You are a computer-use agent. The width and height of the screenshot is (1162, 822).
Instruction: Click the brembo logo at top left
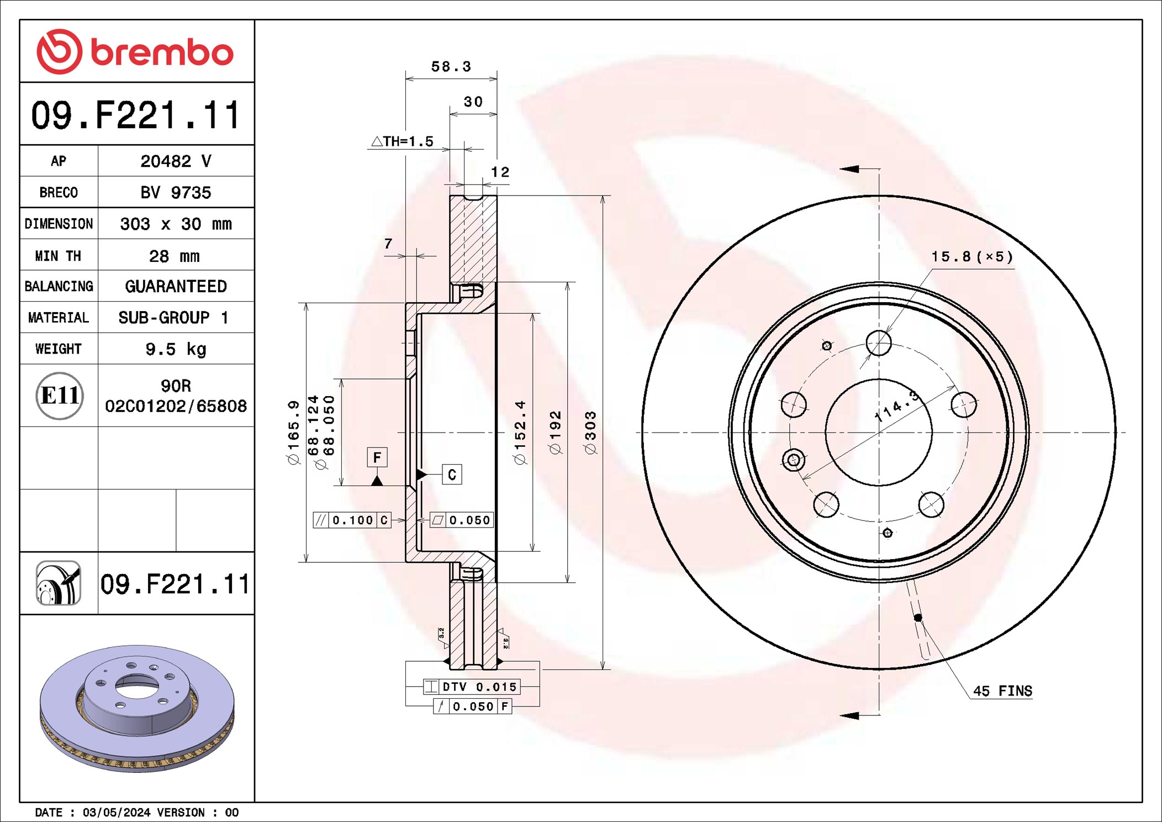[x=135, y=52]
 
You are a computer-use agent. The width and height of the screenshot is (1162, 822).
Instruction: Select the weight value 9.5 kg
[x=176, y=349]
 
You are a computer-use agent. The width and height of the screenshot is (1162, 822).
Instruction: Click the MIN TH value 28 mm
[x=175, y=256]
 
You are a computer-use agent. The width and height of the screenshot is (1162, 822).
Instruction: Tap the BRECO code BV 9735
[x=176, y=192]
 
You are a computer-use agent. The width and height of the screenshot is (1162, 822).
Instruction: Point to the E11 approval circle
[x=60, y=396]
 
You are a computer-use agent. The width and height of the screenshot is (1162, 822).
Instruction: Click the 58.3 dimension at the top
[x=451, y=66]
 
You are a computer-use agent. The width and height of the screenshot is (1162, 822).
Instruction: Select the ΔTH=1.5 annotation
[x=403, y=141]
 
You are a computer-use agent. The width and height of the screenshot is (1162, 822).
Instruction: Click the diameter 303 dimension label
[x=590, y=433]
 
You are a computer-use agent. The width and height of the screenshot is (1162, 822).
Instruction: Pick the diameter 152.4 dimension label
[x=520, y=433]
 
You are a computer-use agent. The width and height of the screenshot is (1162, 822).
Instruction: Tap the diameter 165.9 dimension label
[x=293, y=433]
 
